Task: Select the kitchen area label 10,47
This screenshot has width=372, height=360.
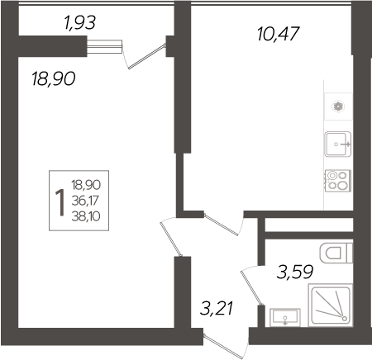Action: (277, 34)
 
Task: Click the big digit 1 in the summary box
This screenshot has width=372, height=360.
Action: (60, 201)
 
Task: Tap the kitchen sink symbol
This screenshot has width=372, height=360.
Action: (338, 144)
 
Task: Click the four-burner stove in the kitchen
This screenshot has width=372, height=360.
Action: (338, 180)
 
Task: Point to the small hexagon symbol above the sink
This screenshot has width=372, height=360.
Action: (338, 106)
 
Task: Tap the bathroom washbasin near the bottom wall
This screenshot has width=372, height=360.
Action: (284, 317)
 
